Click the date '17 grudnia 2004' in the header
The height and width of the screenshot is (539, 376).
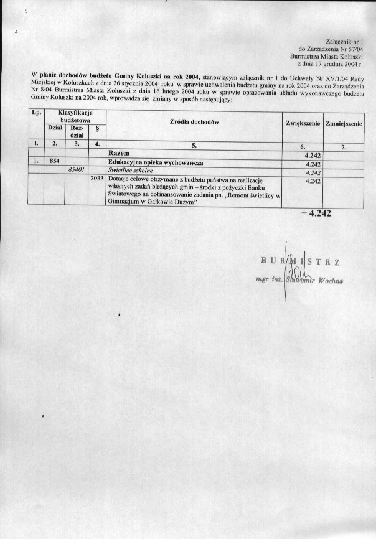pos(336,63)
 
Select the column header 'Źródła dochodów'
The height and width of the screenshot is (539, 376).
pos(194,123)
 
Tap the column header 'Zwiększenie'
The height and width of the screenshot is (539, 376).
pos(303,124)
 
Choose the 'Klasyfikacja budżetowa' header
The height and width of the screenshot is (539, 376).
pos(75,115)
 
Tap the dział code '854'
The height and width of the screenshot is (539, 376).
pos(54,161)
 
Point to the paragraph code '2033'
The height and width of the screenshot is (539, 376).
pos(97,178)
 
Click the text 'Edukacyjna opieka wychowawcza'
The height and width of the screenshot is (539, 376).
pos(151,161)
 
